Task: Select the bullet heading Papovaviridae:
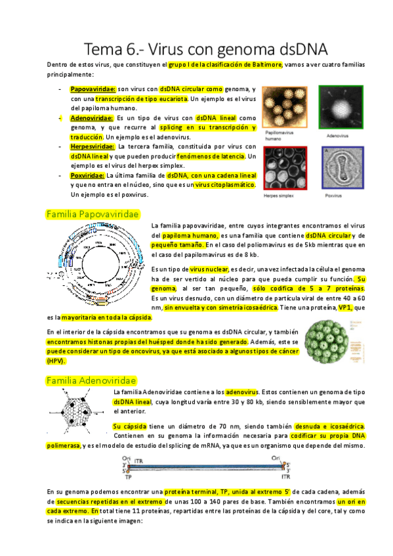tap(93, 89)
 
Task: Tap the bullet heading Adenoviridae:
tap(92, 117)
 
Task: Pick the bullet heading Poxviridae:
tap(88, 176)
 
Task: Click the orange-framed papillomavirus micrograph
tap(286, 109)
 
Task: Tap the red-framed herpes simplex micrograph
tap(286, 168)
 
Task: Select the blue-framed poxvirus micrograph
tap(342, 169)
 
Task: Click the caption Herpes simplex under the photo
tap(278, 195)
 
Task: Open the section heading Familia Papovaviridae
tap(92, 214)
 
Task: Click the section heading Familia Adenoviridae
tap(91, 380)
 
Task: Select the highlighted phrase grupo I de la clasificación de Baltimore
tap(226, 65)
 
